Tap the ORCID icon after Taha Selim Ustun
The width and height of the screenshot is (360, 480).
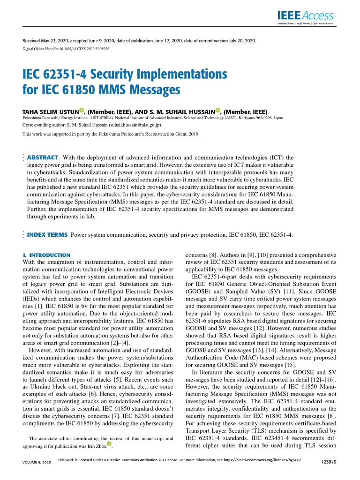click(x=82, y=111)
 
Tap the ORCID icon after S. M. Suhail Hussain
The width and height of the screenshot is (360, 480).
click(x=218, y=111)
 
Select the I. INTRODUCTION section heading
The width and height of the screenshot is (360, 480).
click(x=46, y=255)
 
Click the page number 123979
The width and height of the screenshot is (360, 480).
click(x=326, y=462)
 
